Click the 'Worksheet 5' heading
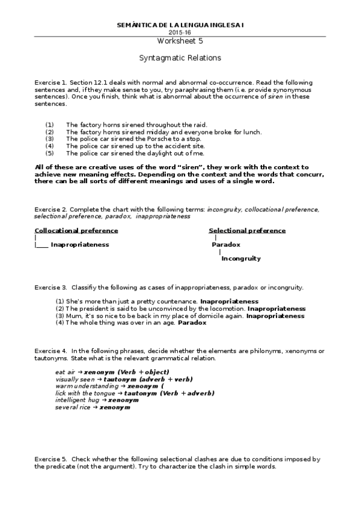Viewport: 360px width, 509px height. pos(180,41)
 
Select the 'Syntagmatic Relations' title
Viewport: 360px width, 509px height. pos(180,58)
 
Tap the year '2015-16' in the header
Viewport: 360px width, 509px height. pos(180,32)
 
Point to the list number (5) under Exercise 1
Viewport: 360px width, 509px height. pos(49,153)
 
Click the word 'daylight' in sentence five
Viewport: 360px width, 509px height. pos(159,153)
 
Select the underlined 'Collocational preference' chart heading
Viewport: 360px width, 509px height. pos(76,230)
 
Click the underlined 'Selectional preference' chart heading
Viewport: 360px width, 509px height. pos(247,230)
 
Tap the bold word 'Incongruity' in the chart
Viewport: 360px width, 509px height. pos(241,259)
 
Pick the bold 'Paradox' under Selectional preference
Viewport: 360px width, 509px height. pos(226,245)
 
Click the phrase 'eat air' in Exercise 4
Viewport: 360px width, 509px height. pos(65,372)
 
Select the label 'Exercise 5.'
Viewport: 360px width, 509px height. pos(50,459)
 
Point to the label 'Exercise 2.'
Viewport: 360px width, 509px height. pos(50,209)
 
